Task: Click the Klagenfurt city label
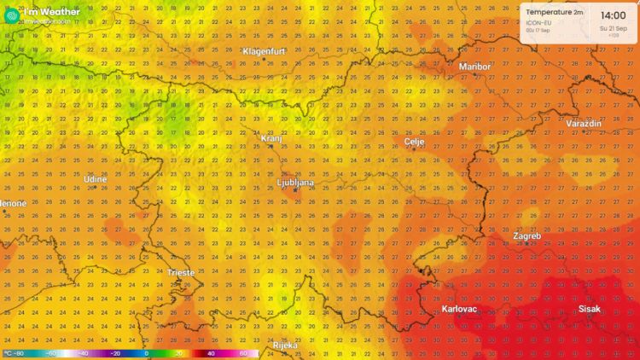tap(263, 51)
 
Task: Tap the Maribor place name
tap(475, 66)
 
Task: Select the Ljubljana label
tap(296, 183)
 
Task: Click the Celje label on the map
tap(415, 142)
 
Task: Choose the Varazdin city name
tap(584, 124)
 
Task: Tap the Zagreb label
tap(527, 235)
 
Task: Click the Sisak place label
tap(589, 309)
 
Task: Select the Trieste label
tap(181, 273)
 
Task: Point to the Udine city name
tap(96, 179)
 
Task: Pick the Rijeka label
tap(285, 345)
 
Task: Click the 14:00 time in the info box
tap(613, 15)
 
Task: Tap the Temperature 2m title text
tap(555, 13)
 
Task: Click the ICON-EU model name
tap(536, 22)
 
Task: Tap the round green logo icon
tap(10, 12)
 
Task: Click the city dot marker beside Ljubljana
tap(294, 190)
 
